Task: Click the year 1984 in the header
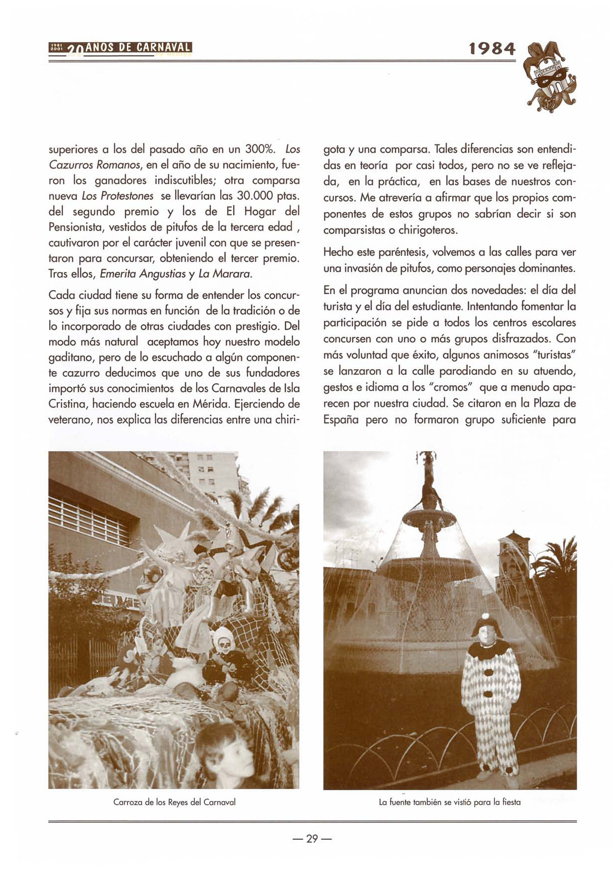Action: click(x=492, y=49)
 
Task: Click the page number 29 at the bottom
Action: click(x=311, y=839)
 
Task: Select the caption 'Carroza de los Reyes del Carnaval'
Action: click(x=174, y=802)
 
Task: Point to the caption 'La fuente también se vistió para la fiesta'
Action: click(x=449, y=802)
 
